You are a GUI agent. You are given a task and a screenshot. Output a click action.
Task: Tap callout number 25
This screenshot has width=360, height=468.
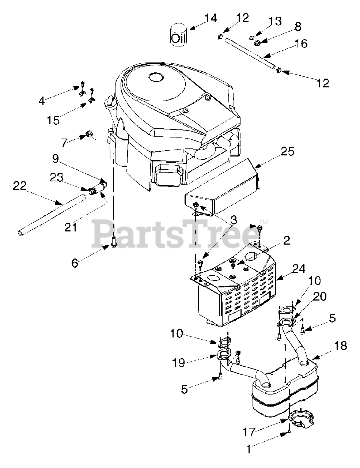(x=288, y=151)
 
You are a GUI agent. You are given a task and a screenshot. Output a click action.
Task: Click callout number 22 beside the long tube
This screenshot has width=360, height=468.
(x=20, y=186)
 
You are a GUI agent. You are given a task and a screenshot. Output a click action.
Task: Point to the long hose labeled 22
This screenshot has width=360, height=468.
(x=51, y=214)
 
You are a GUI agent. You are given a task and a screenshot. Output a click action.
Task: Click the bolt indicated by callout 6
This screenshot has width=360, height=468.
(x=114, y=242)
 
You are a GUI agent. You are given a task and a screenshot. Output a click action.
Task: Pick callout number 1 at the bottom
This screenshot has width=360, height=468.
(x=249, y=449)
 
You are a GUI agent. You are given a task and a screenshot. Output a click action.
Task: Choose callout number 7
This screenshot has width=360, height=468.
(x=65, y=142)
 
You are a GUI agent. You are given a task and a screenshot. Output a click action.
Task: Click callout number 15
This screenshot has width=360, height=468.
(x=54, y=120)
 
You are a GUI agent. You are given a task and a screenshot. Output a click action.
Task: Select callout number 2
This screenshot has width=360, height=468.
(x=286, y=240)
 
